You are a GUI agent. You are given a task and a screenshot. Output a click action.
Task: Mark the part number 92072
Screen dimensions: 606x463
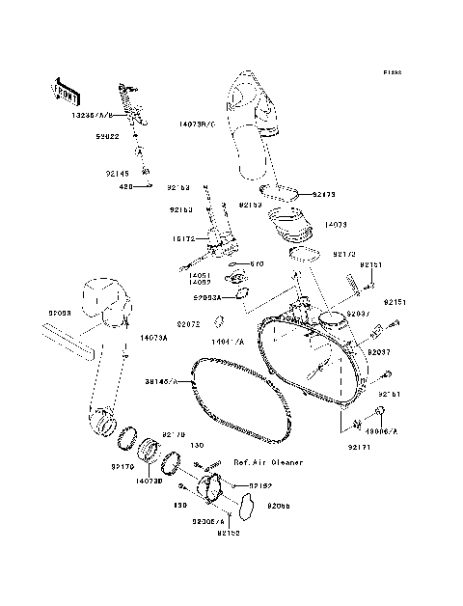click(188, 324)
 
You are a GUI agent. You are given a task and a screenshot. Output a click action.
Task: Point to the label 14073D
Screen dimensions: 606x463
click(148, 480)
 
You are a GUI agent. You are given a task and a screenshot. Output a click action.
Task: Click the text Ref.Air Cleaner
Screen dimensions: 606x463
click(267, 462)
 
